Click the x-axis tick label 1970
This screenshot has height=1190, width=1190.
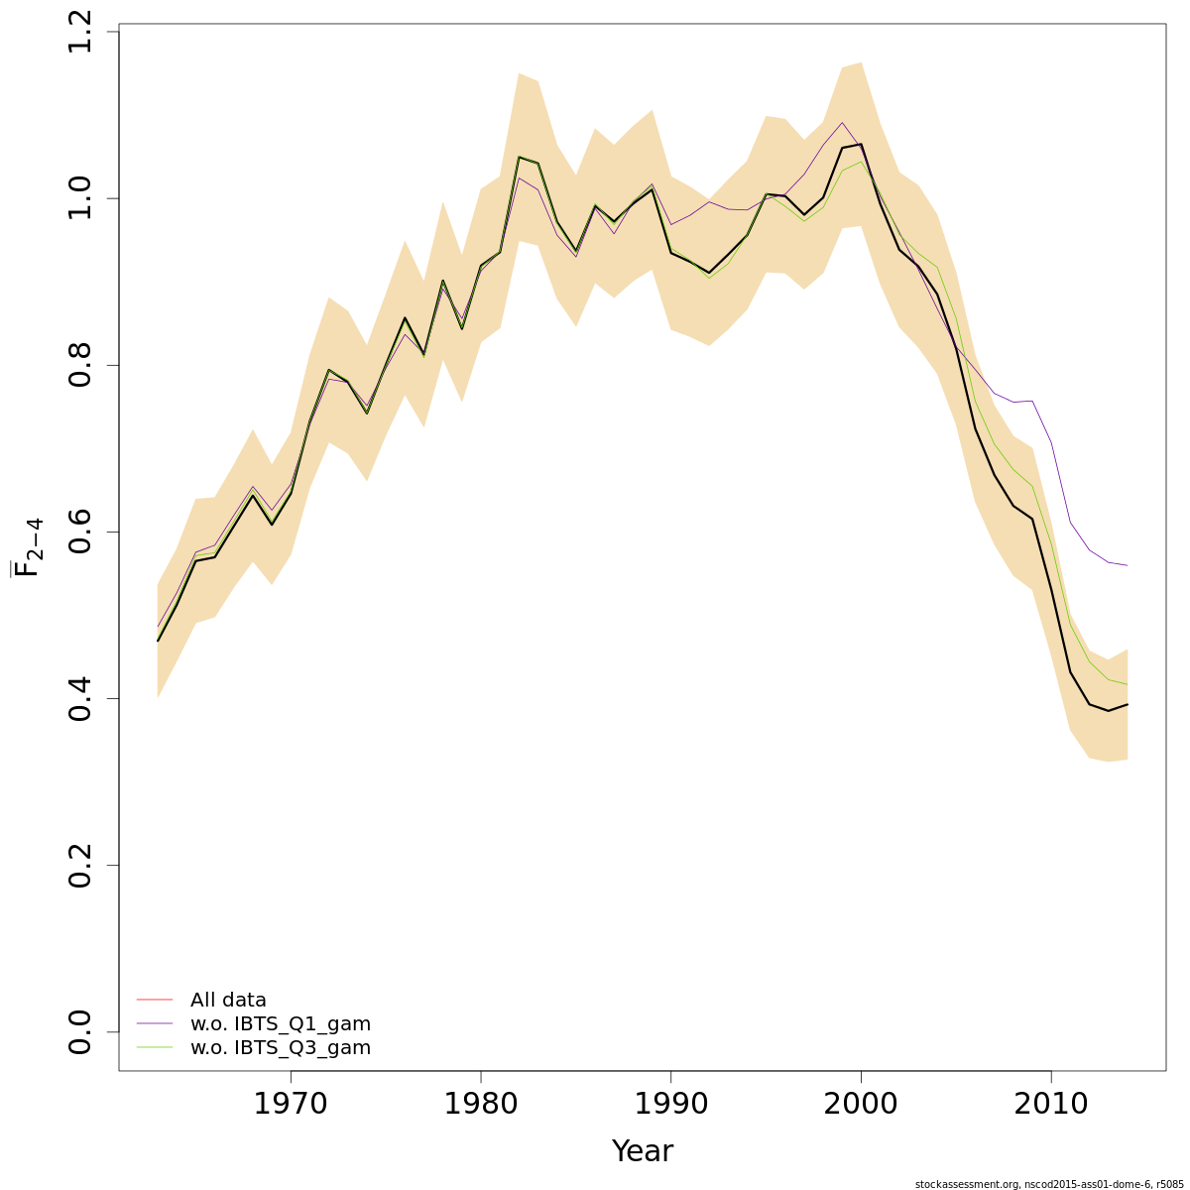pos(291,1105)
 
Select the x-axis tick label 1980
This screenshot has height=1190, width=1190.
pos(481,1105)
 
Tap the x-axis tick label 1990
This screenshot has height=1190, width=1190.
pos(671,1105)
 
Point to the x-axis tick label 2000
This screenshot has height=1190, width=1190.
pos(861,1105)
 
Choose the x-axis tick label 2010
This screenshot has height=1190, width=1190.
pos(1051,1105)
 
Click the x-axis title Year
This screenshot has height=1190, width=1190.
pos(643,1152)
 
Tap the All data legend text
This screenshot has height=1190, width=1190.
pos(228,1001)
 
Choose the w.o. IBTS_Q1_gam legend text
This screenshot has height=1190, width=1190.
pos(281,1024)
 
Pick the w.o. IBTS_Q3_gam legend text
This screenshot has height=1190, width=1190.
pos(281,1048)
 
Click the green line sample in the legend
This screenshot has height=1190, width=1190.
pos(155,1047)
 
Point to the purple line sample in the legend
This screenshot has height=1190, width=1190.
pos(155,1023)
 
